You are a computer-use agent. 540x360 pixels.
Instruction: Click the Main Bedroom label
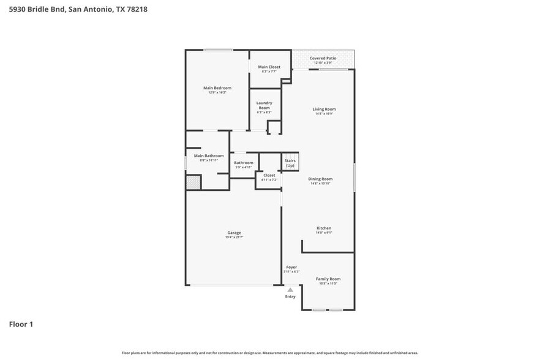(217, 88)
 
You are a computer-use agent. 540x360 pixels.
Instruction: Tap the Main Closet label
(269, 67)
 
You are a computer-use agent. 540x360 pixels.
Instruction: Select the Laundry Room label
(264, 105)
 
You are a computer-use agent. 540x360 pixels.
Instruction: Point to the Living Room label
(324, 109)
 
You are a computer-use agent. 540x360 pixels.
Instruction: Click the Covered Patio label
(323, 58)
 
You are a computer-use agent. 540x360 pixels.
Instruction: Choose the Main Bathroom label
(208, 156)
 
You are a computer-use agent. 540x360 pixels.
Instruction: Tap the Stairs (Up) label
(290, 163)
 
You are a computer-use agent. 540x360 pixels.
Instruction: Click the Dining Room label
(321, 179)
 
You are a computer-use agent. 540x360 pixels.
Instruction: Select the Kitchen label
(323, 228)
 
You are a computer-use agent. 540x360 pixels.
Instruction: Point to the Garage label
(234, 232)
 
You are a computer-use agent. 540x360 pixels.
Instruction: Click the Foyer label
(291, 267)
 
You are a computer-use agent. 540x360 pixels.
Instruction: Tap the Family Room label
(328, 279)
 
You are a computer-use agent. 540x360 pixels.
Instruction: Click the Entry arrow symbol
(290, 288)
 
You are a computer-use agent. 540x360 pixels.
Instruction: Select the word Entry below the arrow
(290, 296)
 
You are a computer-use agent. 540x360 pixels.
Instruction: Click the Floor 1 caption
(21, 324)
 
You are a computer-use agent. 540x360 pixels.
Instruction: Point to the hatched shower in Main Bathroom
(193, 182)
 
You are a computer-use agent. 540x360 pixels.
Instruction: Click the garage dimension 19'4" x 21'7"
(234, 237)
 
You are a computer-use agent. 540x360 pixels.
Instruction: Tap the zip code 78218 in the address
(133, 9)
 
